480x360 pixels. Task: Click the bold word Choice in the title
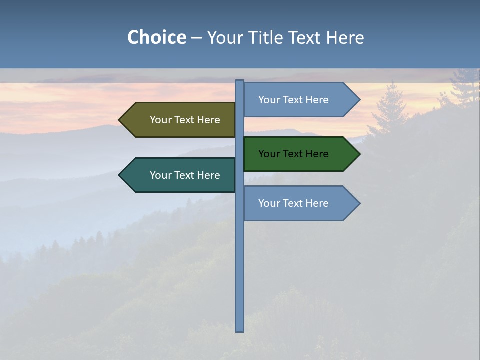(x=156, y=38)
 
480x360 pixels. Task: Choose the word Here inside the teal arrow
(x=208, y=175)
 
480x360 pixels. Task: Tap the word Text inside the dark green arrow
(x=294, y=154)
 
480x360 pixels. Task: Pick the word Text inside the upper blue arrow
(x=294, y=100)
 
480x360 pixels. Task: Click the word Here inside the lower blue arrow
(x=317, y=203)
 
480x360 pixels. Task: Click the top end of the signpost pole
(x=239, y=81)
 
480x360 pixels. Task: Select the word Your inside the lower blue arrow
(x=269, y=203)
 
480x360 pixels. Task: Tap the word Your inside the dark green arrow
(x=269, y=154)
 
